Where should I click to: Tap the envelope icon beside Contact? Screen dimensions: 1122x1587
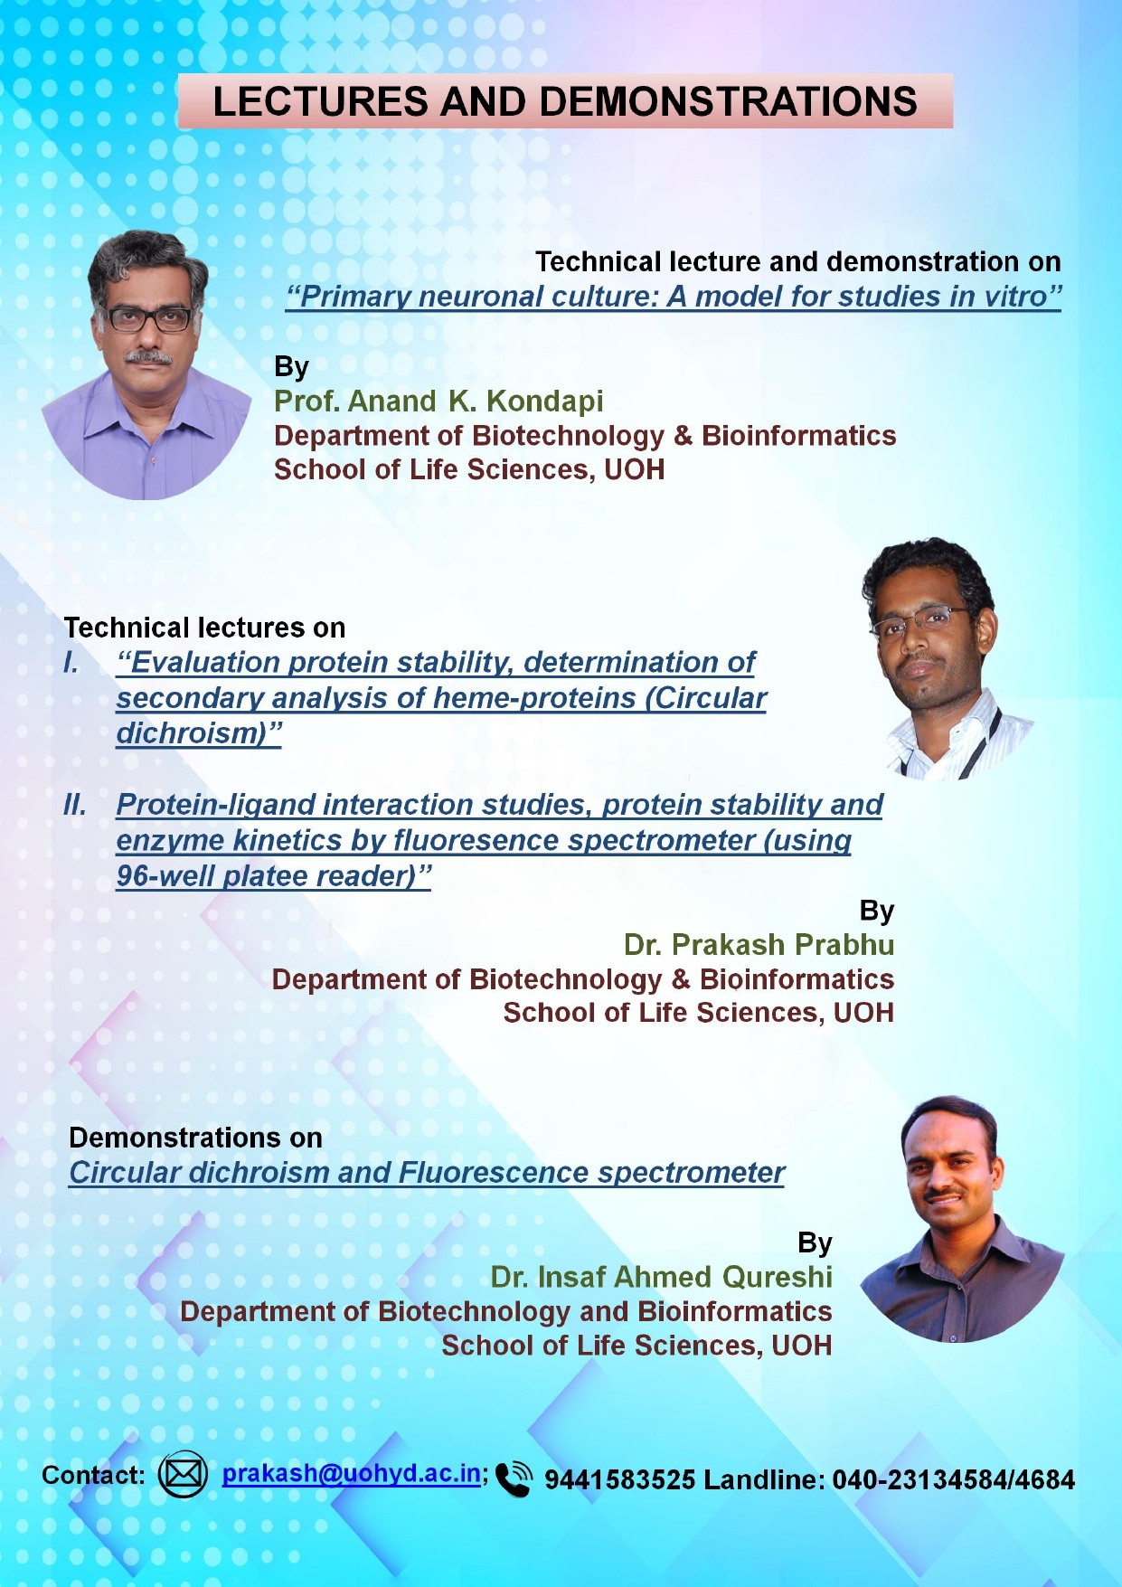pyautogui.click(x=183, y=1475)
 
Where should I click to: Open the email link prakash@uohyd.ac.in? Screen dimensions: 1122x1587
pyautogui.click(x=352, y=1473)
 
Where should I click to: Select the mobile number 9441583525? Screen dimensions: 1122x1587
pyautogui.click(x=620, y=1479)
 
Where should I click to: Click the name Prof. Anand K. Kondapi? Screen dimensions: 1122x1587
pyautogui.click(x=438, y=401)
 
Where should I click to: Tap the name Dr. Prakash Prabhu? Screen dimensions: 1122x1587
pyautogui.click(x=759, y=944)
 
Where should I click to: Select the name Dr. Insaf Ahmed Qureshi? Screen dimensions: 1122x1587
pyautogui.click(x=661, y=1277)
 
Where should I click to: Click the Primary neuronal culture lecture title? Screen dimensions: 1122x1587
pyautogui.click(x=674, y=297)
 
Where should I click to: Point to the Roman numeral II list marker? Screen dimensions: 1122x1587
pyautogui.click(x=75, y=804)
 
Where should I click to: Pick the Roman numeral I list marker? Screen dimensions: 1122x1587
pyautogui.click(x=71, y=662)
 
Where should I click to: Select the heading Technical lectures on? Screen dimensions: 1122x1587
pyautogui.click(x=204, y=628)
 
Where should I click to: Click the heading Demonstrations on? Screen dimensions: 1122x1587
pyautogui.click(x=195, y=1138)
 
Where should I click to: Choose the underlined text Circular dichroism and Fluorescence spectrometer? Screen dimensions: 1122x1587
pyautogui.click(x=427, y=1173)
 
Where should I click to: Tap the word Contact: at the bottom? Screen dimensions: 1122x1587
pyautogui.click(x=93, y=1475)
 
